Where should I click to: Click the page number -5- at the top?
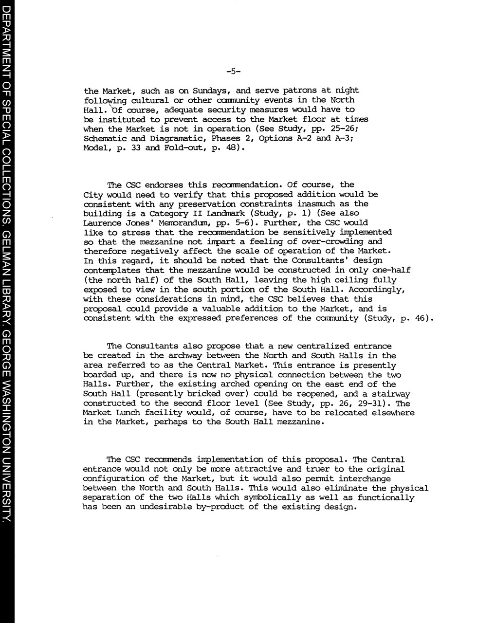tap(233, 72)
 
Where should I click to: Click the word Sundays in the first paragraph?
tap(207, 91)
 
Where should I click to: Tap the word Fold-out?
tap(185, 148)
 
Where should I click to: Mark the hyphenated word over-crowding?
tap(325, 242)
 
